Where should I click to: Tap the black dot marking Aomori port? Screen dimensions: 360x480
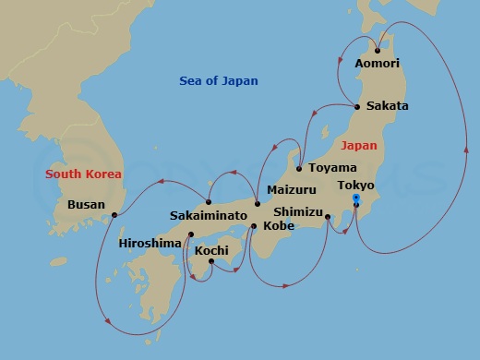[378, 50]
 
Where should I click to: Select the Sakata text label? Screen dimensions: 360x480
[387, 106]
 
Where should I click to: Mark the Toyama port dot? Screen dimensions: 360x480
[299, 169]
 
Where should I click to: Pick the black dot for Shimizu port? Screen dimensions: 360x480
[328, 218]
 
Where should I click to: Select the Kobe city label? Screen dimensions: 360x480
[279, 224]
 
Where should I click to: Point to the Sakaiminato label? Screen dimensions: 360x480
[209, 215]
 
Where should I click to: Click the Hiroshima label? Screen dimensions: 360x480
[150, 244]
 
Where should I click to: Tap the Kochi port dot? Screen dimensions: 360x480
[211, 261]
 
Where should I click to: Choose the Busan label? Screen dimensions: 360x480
[86, 205]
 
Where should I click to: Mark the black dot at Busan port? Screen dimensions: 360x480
[114, 216]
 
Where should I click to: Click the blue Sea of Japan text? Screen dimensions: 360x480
[219, 81]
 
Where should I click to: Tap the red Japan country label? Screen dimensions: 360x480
[359, 146]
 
